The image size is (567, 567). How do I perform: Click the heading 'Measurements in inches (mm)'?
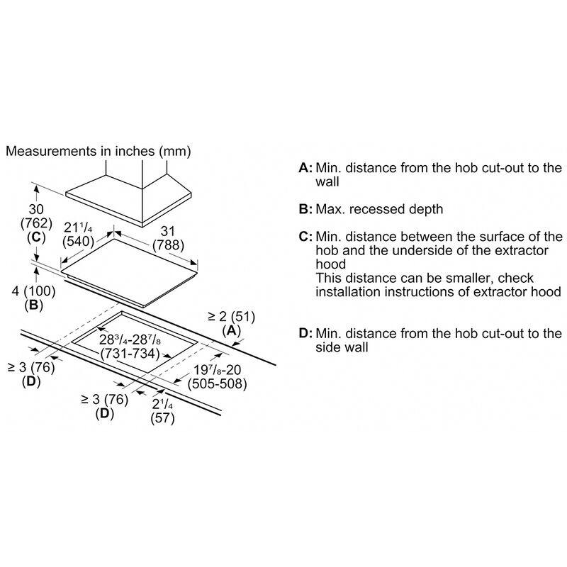click(x=99, y=151)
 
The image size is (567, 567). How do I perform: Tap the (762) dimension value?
click(x=37, y=223)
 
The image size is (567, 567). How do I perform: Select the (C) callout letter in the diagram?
click(x=37, y=237)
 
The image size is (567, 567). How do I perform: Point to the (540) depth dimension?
click(x=78, y=241)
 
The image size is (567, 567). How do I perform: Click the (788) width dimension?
click(x=168, y=245)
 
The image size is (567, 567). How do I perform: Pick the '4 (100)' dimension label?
click(x=33, y=291)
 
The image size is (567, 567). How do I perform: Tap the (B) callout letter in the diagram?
click(x=33, y=305)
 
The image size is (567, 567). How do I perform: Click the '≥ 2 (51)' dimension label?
click(x=232, y=316)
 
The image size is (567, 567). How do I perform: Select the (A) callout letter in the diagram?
click(x=232, y=330)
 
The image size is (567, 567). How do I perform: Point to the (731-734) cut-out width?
click(x=130, y=353)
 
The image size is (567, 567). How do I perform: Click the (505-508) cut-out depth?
click(x=218, y=383)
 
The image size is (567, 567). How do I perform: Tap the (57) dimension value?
click(x=163, y=418)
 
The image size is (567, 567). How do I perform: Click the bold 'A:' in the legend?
click(x=305, y=168)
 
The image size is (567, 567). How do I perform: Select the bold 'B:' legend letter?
click(x=305, y=209)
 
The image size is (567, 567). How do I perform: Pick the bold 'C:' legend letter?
click(x=305, y=237)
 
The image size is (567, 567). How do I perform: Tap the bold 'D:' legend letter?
click(x=305, y=333)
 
